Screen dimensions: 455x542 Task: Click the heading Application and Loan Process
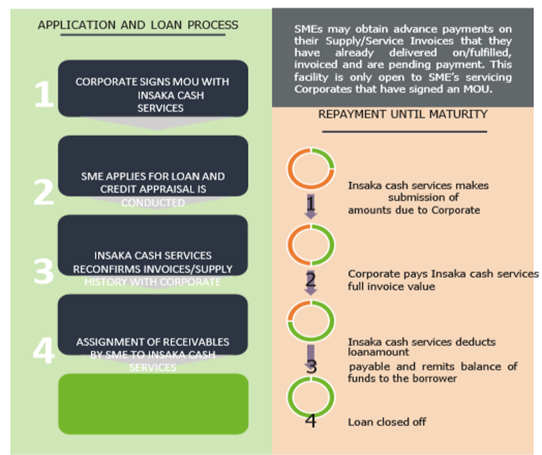click(138, 25)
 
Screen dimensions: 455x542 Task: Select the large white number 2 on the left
click(44, 192)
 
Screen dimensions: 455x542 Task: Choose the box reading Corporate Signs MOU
click(153, 89)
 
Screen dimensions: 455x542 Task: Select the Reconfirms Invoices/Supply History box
click(153, 245)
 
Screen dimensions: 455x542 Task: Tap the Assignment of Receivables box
click(153, 324)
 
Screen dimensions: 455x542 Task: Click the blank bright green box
click(153, 404)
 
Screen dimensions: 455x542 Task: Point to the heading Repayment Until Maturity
click(403, 114)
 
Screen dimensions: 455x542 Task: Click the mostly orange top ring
click(311, 169)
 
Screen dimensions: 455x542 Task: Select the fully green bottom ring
click(311, 398)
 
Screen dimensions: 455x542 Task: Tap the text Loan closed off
click(387, 422)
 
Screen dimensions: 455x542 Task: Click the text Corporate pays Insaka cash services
click(443, 274)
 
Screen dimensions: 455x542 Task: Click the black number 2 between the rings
click(311, 279)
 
